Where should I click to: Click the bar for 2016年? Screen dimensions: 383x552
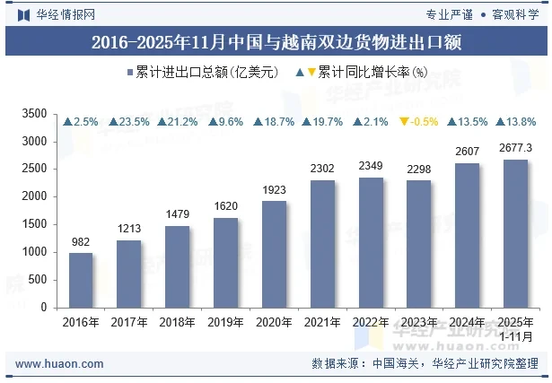click(x=81, y=280)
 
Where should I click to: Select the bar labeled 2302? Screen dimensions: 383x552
click(x=322, y=243)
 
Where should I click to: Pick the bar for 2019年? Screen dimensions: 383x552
click(x=225, y=262)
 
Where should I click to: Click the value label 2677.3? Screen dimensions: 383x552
click(x=515, y=148)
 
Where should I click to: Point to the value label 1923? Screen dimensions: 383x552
click(x=274, y=189)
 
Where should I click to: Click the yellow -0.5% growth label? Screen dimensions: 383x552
click(x=418, y=122)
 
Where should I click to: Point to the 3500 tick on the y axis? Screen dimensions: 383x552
click(x=34, y=114)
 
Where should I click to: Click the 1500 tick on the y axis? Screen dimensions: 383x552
click(x=34, y=224)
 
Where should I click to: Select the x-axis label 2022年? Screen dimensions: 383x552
click(x=370, y=322)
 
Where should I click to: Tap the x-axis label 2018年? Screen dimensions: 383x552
click(x=177, y=322)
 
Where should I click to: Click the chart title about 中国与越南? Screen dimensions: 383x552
click(x=276, y=43)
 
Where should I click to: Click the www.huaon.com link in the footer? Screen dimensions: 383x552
click(x=52, y=364)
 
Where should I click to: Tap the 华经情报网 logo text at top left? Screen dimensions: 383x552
click(x=56, y=13)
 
